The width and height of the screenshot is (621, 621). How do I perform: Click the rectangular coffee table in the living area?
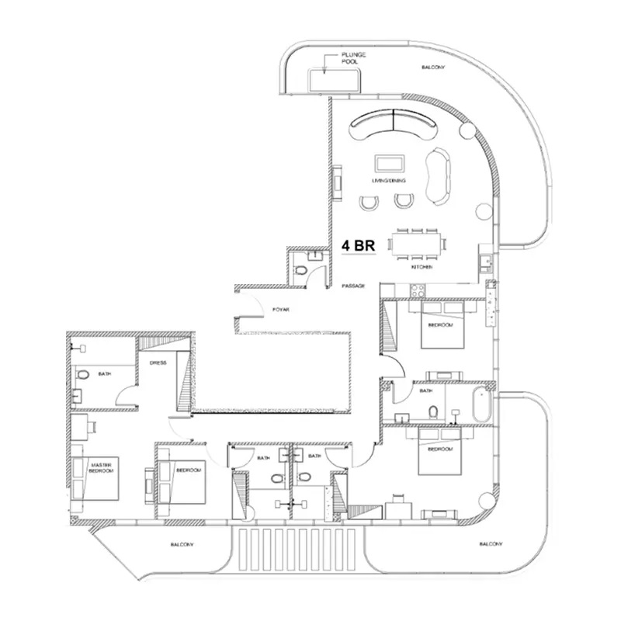[388, 163]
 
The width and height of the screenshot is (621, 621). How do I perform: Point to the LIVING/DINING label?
[389, 181]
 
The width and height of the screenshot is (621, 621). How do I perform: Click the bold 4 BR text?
[359, 245]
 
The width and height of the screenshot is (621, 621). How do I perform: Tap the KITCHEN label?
[422, 268]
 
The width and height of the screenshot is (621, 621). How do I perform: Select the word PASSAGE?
[353, 286]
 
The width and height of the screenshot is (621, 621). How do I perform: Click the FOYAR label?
[280, 309]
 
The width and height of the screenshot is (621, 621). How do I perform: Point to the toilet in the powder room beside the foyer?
[301, 271]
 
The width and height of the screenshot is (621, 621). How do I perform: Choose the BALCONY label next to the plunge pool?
[432, 68]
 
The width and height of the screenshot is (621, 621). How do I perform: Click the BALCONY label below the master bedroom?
[182, 545]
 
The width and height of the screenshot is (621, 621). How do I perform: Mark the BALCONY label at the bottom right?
[490, 545]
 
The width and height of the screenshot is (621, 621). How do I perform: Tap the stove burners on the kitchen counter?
[415, 290]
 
